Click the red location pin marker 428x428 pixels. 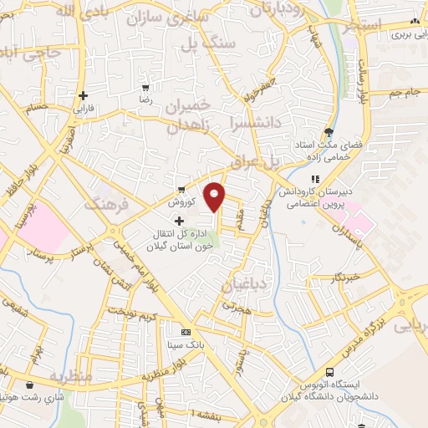tap(215, 196)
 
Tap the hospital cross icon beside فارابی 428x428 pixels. tap(83, 95)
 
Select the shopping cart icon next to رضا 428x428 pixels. tap(145, 87)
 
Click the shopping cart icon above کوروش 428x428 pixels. tap(181, 189)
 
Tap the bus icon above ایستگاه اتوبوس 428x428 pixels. tap(330, 372)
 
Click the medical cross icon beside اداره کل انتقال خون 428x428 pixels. tap(179, 220)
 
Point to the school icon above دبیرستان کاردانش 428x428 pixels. tap(315, 178)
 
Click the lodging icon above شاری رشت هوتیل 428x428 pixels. tap(31, 385)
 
